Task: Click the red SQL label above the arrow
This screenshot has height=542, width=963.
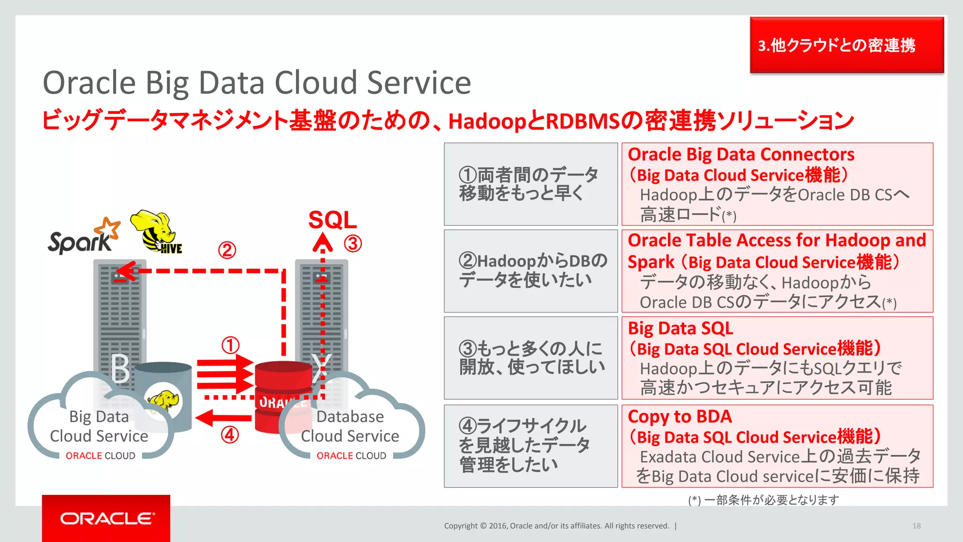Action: pos(332,220)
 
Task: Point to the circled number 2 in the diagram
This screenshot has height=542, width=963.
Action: pos(227,250)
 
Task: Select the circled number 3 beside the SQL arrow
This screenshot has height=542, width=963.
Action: pos(353,244)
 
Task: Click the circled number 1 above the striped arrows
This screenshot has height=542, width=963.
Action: pos(230,345)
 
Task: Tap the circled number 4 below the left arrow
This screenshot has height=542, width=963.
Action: pos(229,435)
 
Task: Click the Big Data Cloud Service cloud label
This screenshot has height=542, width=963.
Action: pos(99,426)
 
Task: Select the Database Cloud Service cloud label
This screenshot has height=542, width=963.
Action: pos(350,426)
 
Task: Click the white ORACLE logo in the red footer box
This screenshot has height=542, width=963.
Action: pos(107,518)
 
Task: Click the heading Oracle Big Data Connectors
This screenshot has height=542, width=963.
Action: pos(741,154)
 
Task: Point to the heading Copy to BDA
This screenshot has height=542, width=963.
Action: pos(679,416)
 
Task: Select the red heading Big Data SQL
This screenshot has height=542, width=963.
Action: pos(680,328)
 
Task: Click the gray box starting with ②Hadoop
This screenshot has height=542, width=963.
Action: pos(530,271)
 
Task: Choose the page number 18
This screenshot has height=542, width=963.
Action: pos(916,526)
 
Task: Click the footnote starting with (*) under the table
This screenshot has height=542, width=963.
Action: pos(763,500)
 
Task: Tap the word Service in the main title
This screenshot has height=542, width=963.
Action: pos(418,83)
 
